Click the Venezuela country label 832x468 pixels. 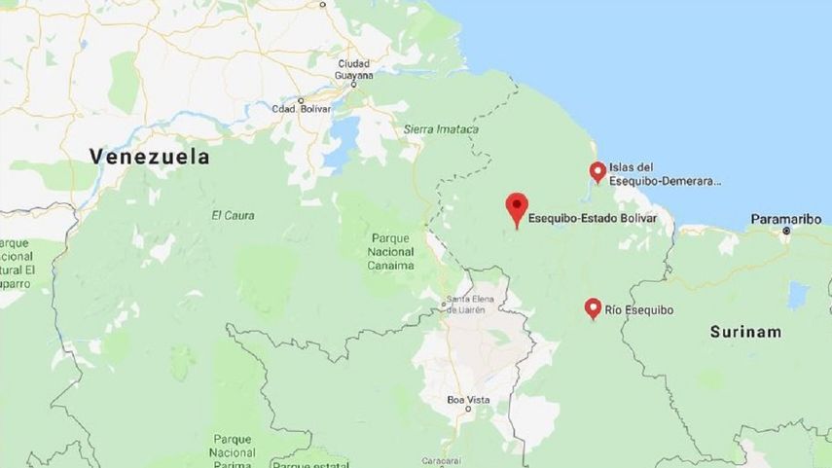coord(149,156)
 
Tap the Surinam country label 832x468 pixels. coord(745,332)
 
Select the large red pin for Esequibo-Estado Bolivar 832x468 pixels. coord(516,207)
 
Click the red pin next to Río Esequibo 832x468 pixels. coord(592,308)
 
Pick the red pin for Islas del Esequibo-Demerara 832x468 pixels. coord(597,172)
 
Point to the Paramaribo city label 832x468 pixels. coord(786,219)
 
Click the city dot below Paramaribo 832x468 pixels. coord(786,232)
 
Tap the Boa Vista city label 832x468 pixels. coord(468,400)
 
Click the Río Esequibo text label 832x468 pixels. coord(639,310)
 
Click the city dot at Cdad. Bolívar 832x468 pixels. coord(301,100)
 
